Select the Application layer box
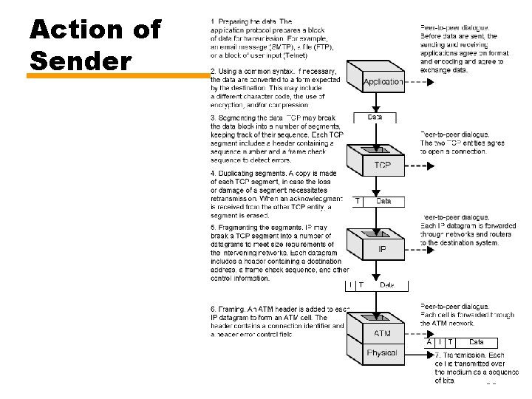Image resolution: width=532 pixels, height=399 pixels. (x=383, y=82)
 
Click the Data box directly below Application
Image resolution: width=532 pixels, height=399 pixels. (x=375, y=117)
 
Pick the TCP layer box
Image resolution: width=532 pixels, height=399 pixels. (x=382, y=166)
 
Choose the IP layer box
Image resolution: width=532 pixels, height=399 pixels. (x=382, y=250)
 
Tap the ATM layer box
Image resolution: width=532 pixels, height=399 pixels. (x=382, y=333)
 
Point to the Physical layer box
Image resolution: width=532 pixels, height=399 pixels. (x=382, y=353)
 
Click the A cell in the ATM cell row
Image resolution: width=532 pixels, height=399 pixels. (x=429, y=342)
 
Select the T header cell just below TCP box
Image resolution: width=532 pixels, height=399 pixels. (x=358, y=201)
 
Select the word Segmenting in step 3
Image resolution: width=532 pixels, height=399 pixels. (x=239, y=118)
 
